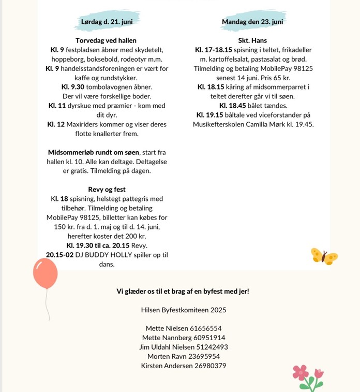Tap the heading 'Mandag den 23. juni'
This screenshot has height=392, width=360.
click(253, 22)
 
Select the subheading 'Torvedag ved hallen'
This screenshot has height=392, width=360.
click(106, 40)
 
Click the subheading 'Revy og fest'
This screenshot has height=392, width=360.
click(107, 190)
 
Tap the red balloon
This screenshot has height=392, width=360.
click(45, 274)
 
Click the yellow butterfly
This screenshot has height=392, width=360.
click(324, 256)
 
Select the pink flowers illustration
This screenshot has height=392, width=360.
click(308, 376)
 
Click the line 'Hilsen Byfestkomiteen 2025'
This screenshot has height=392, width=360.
click(183, 310)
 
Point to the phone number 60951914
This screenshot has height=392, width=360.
click(209, 338)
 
